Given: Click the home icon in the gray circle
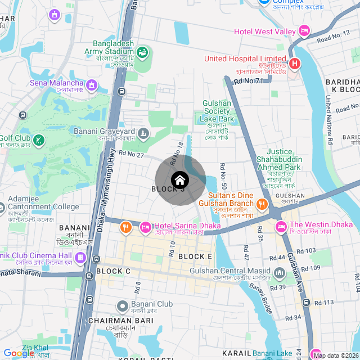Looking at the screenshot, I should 179,181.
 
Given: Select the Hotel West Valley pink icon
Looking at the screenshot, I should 304,31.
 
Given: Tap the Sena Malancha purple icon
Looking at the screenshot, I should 91,85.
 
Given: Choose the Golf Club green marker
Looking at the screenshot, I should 39,139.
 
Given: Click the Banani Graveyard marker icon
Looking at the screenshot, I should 144,133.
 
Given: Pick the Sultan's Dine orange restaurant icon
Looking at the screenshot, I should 262,204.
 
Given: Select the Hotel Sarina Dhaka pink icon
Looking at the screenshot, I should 145,227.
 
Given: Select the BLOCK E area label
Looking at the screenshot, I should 195,256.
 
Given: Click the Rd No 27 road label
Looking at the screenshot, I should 132,154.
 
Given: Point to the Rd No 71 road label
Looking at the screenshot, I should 248,82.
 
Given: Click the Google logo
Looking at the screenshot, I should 19,353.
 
